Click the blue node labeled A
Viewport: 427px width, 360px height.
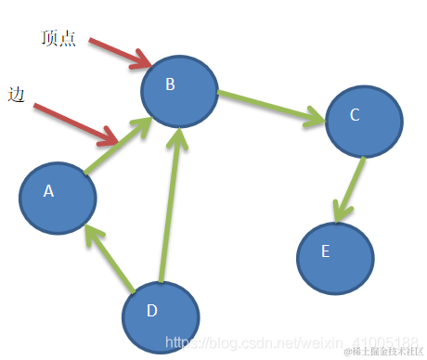pos(58,199)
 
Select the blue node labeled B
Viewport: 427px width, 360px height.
pos(179,90)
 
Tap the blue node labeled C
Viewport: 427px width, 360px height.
pos(364,122)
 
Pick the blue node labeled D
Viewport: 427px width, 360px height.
pos(161,316)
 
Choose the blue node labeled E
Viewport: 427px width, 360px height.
pos(335,257)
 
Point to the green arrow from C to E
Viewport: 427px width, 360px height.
pos(349,189)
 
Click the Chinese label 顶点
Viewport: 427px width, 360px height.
pos(58,38)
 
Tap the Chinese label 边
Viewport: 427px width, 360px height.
pos(16,95)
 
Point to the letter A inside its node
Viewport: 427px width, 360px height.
pos(49,191)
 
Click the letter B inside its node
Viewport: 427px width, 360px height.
pos(170,85)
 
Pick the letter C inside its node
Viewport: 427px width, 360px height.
pos(354,116)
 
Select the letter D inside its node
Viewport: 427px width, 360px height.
pos(151,311)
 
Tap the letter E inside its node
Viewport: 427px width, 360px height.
pos(325,251)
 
